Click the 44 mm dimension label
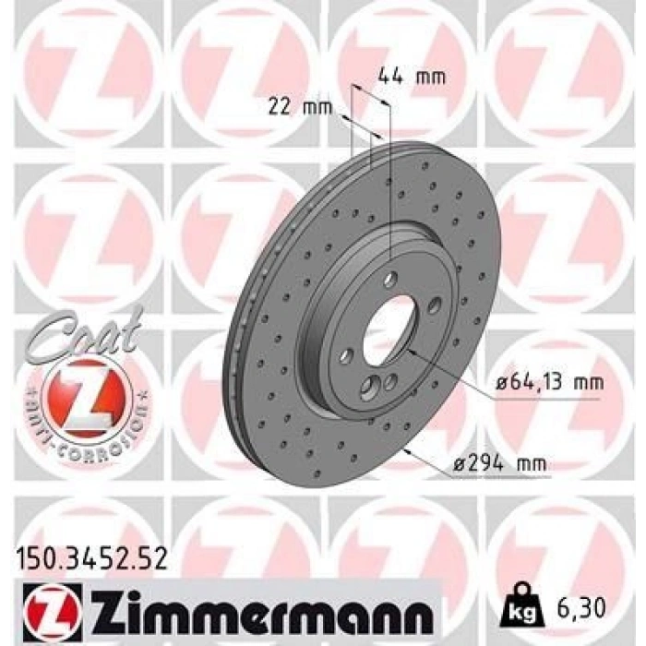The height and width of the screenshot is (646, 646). pyautogui.click(x=412, y=77)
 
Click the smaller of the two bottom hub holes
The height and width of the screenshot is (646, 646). pyautogui.click(x=390, y=381)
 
